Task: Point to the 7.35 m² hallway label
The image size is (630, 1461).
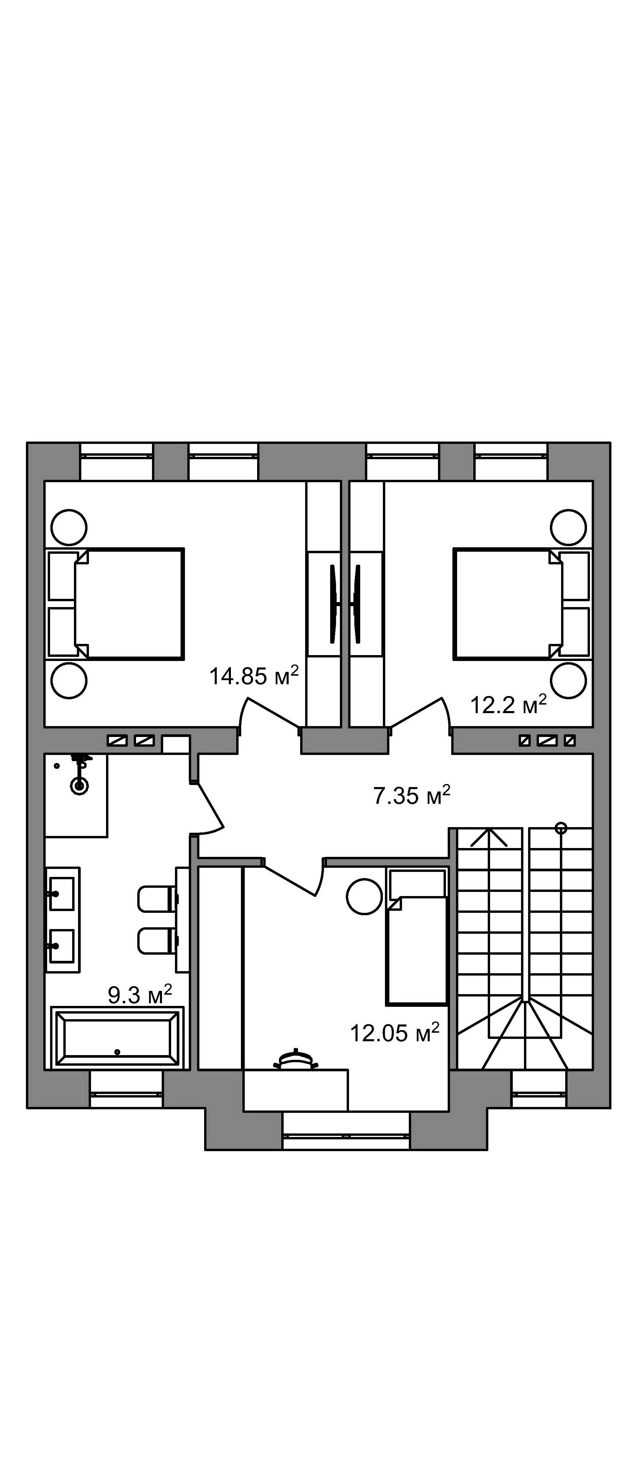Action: click(412, 795)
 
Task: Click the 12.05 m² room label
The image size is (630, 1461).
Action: click(395, 1033)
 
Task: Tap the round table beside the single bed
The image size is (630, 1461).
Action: click(365, 896)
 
